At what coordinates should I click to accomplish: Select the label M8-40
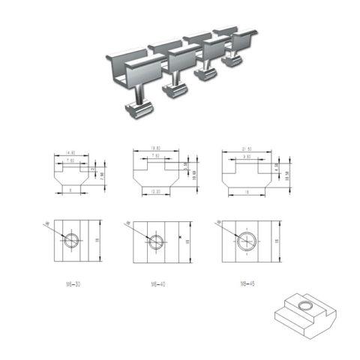(155, 284)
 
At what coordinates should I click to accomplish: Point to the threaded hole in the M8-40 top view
(155, 241)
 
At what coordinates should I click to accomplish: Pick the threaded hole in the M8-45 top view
(247, 241)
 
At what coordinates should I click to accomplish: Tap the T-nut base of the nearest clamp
(139, 110)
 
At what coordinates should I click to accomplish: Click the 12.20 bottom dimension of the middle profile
(154, 193)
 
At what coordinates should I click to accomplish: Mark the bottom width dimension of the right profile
(247, 193)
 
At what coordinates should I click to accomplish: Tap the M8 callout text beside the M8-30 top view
(47, 223)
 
